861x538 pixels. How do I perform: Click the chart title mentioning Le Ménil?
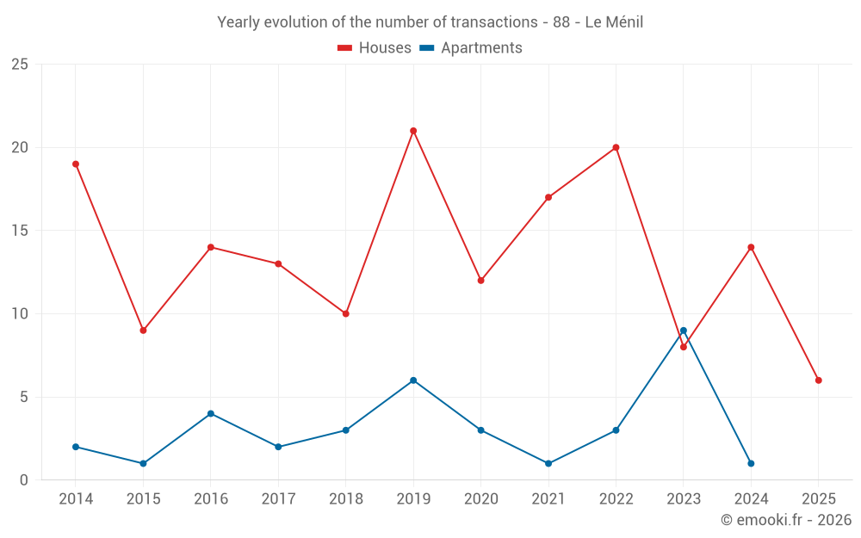(x=430, y=22)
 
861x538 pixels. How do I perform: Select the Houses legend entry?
(x=375, y=48)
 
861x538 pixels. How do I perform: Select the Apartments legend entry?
(x=471, y=48)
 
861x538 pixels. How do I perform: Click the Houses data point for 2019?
(x=413, y=131)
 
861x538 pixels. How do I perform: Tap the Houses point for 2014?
(x=76, y=164)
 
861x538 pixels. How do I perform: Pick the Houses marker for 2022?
(x=616, y=147)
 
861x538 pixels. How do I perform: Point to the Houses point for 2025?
(x=818, y=380)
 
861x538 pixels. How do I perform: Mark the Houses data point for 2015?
(x=143, y=331)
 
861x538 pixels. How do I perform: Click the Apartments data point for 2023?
(x=684, y=331)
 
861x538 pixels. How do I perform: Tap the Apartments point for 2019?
(x=413, y=380)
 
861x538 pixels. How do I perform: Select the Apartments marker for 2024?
(x=751, y=463)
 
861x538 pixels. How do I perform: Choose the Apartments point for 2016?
(x=211, y=413)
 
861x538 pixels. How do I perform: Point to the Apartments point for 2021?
(x=548, y=463)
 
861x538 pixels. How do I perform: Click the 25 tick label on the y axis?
(x=20, y=65)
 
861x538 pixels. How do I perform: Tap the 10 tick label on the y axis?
(x=20, y=314)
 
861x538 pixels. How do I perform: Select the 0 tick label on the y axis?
(x=24, y=480)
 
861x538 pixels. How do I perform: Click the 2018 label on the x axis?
(x=345, y=499)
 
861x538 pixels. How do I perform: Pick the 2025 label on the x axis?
(x=818, y=499)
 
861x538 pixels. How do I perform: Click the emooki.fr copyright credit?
(x=785, y=520)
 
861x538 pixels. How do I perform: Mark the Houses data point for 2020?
(x=480, y=281)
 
